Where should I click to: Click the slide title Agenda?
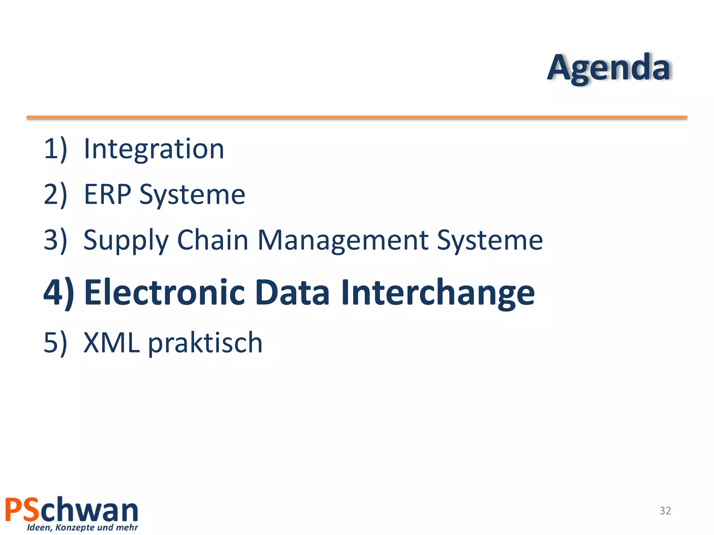click(608, 68)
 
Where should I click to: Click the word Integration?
click(154, 149)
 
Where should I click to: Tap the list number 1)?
click(55, 149)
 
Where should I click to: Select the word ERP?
click(107, 194)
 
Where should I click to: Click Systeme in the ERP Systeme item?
click(192, 195)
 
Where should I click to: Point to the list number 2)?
click(55, 194)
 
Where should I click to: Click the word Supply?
click(126, 240)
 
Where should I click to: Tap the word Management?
click(343, 240)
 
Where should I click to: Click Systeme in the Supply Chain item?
click(490, 240)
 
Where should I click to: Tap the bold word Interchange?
click(438, 293)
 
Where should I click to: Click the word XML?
click(112, 343)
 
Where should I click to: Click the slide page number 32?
click(665, 511)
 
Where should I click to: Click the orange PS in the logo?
click(22, 510)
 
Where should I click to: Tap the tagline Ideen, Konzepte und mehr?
click(83, 527)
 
